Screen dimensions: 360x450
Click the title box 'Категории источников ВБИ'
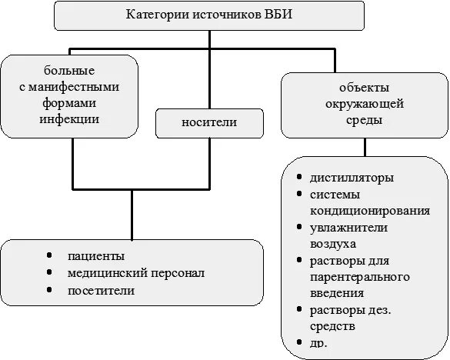coord(210,15)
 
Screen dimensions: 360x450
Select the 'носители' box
coord(209,122)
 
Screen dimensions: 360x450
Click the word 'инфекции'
coord(72,119)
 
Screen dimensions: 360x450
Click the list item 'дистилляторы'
coord(352,178)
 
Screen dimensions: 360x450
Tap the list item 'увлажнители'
coord(348,228)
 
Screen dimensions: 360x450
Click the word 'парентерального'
coord(360,276)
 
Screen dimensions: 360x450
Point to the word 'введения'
coord(338,292)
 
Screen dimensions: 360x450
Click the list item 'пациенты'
coord(95,256)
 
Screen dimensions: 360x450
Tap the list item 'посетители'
coord(101,291)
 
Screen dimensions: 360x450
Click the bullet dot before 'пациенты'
coord(48,255)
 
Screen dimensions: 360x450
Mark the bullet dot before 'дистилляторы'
coord(298,176)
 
